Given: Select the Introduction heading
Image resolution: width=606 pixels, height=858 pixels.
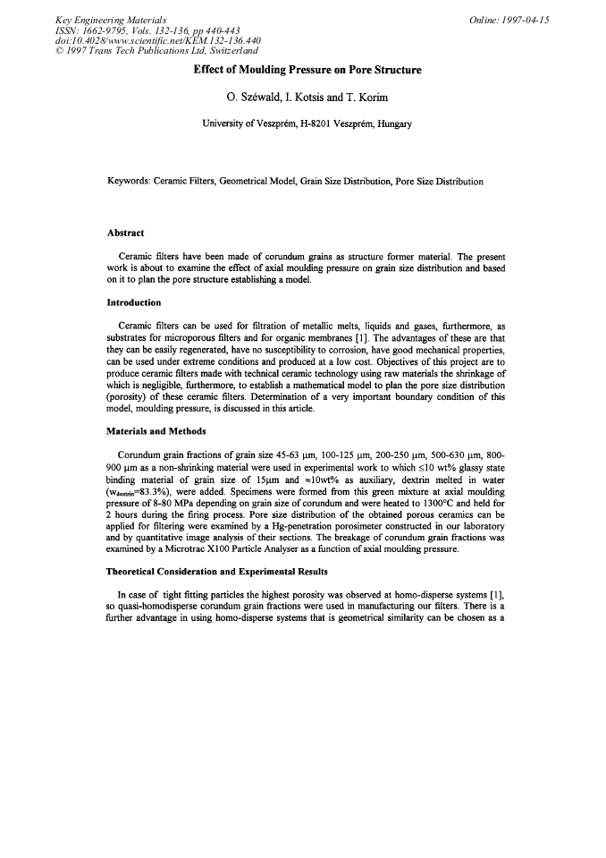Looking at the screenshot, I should (134, 302).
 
